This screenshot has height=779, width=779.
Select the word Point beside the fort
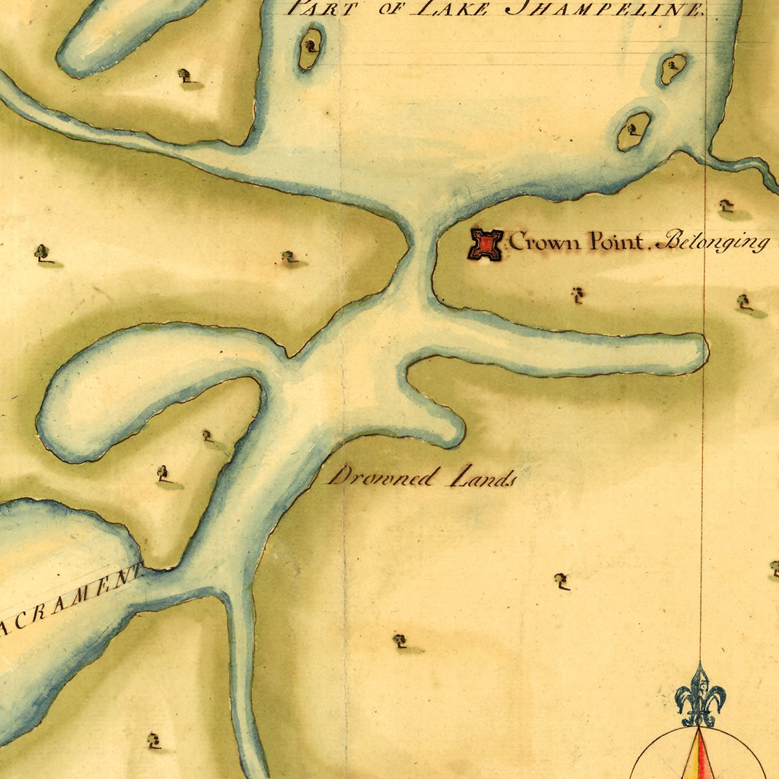coord(618,242)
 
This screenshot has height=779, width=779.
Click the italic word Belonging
coord(713,243)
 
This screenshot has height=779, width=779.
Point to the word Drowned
coord(382,478)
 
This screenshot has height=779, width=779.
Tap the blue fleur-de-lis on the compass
coord(700,697)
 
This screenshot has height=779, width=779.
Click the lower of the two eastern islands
coord(634,131)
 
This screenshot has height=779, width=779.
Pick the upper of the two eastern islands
coord(673,68)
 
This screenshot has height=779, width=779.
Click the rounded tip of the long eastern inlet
coord(695,352)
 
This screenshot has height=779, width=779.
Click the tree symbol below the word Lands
coord(562,581)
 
